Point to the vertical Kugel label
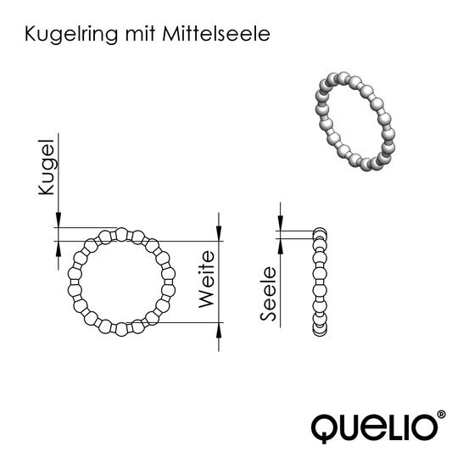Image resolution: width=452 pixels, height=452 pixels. coord(47,168)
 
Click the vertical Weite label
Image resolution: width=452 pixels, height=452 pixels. coord(205,279)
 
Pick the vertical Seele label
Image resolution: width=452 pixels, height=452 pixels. coord(269,294)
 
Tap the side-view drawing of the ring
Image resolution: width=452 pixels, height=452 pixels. coord(320,281)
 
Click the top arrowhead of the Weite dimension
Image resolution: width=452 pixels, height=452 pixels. coord(220,222)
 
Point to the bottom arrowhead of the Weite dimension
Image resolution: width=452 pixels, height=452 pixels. coord(220,330)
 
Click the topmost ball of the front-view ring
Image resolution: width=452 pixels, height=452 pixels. coord(120,235)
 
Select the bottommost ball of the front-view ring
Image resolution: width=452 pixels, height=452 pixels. coord(120,329)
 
